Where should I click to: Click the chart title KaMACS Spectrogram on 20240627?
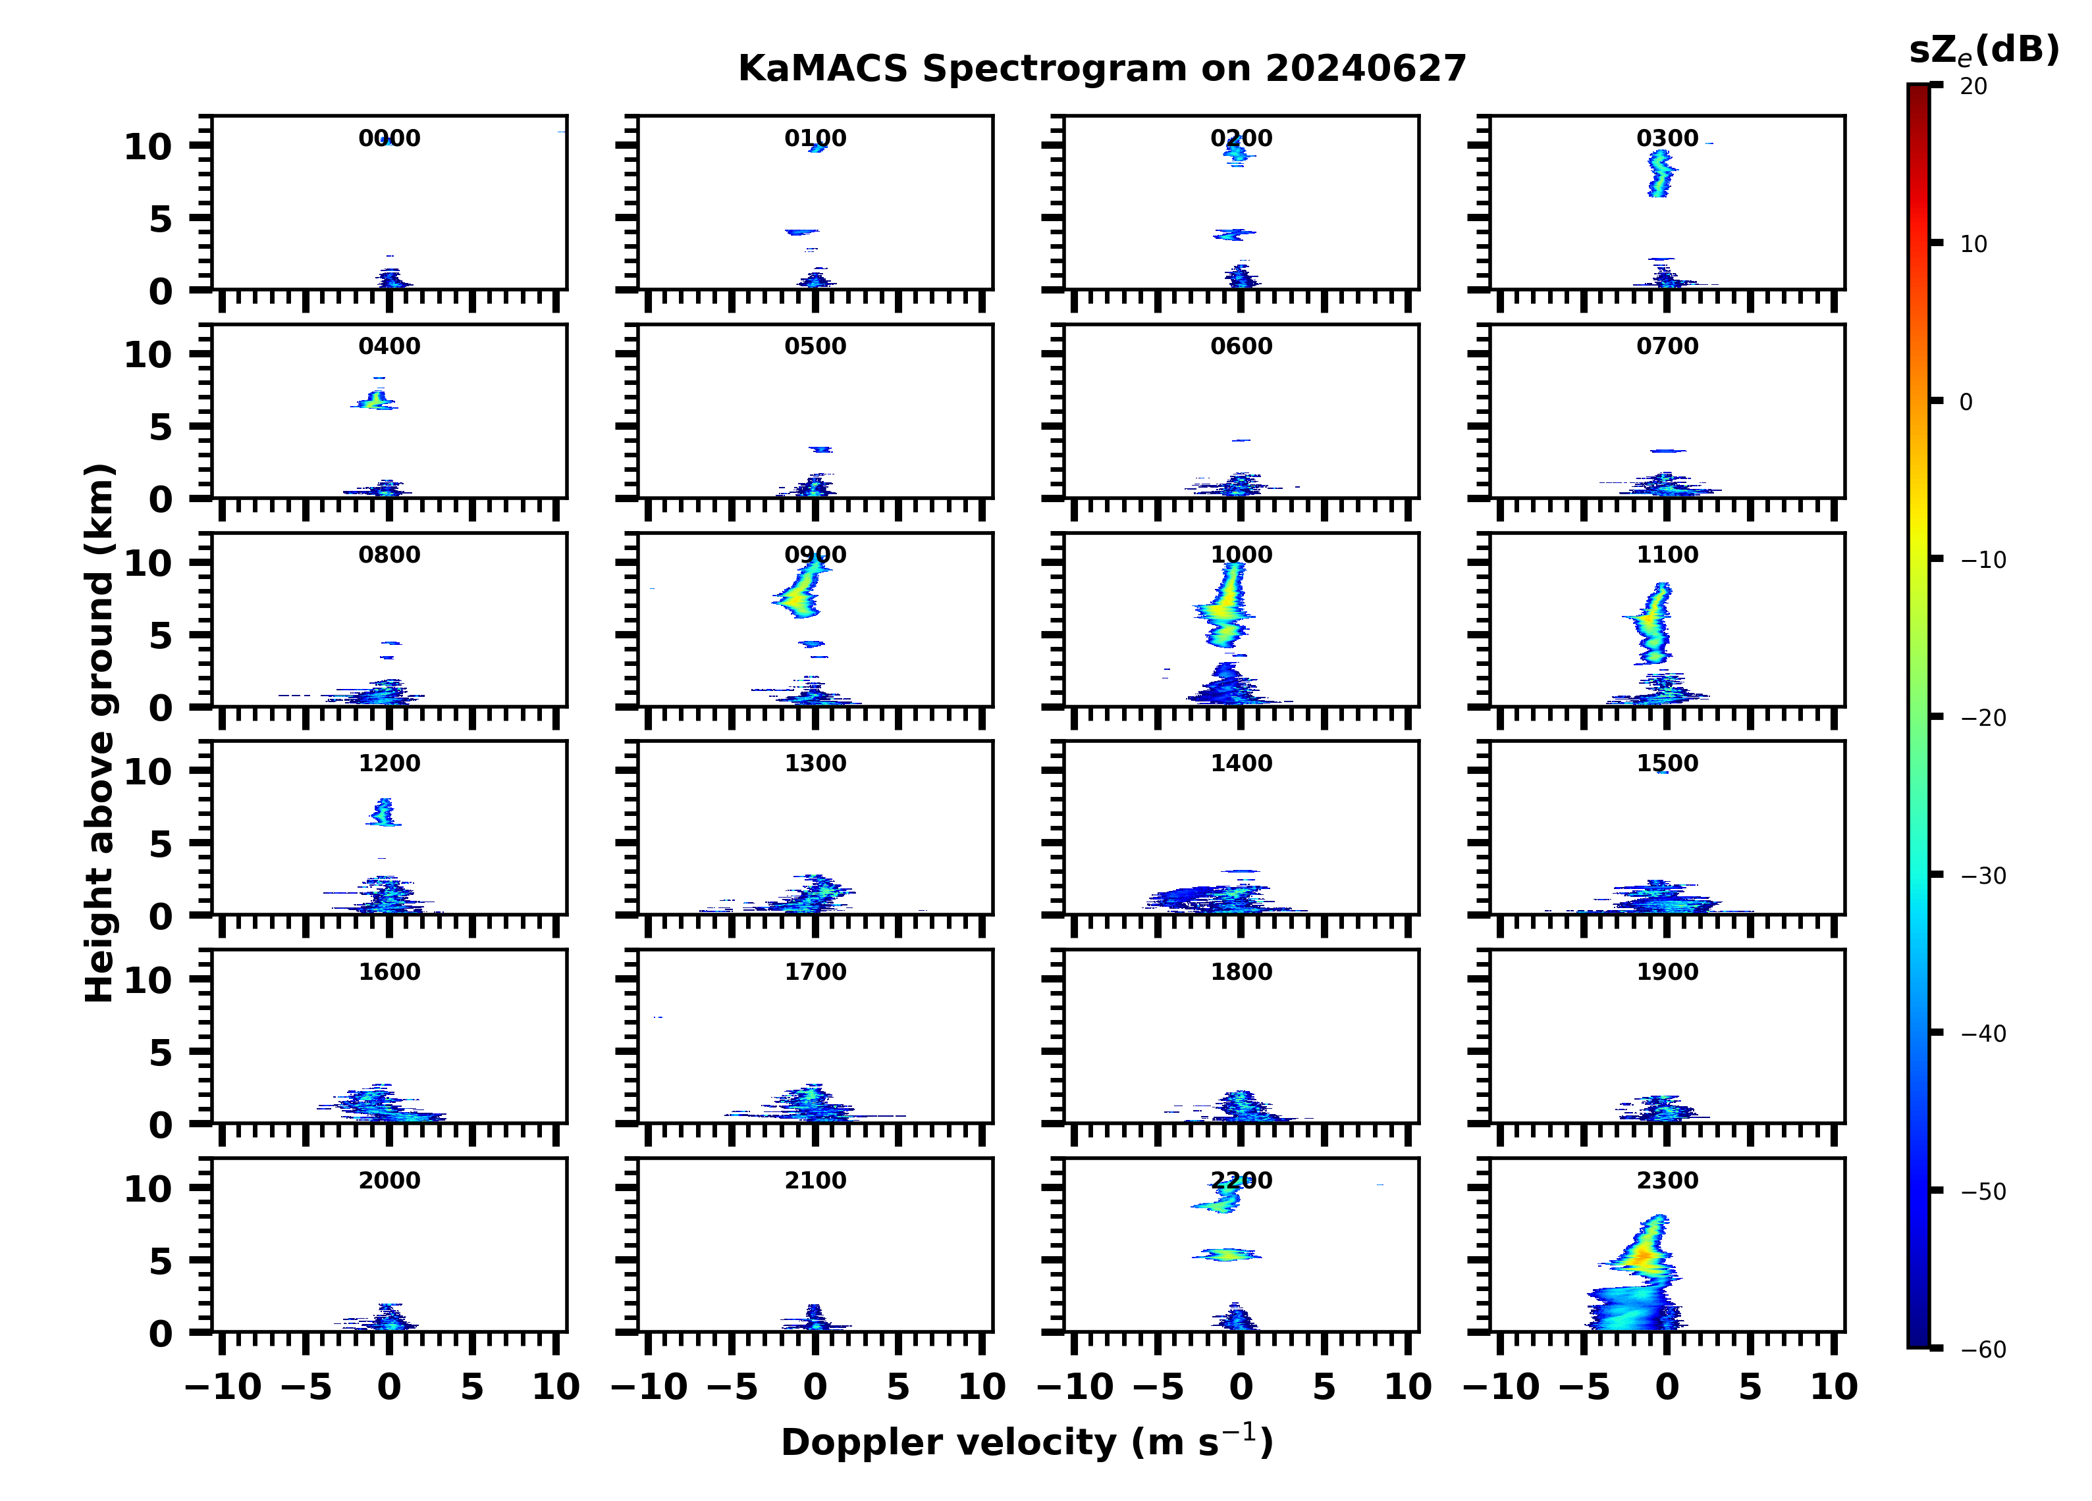tap(1102, 69)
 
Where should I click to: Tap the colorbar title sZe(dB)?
tap(1983, 50)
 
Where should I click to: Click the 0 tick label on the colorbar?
tap(1966, 402)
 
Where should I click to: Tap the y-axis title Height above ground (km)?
tap(99, 733)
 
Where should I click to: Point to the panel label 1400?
tap(1241, 763)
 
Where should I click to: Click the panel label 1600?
tap(389, 972)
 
